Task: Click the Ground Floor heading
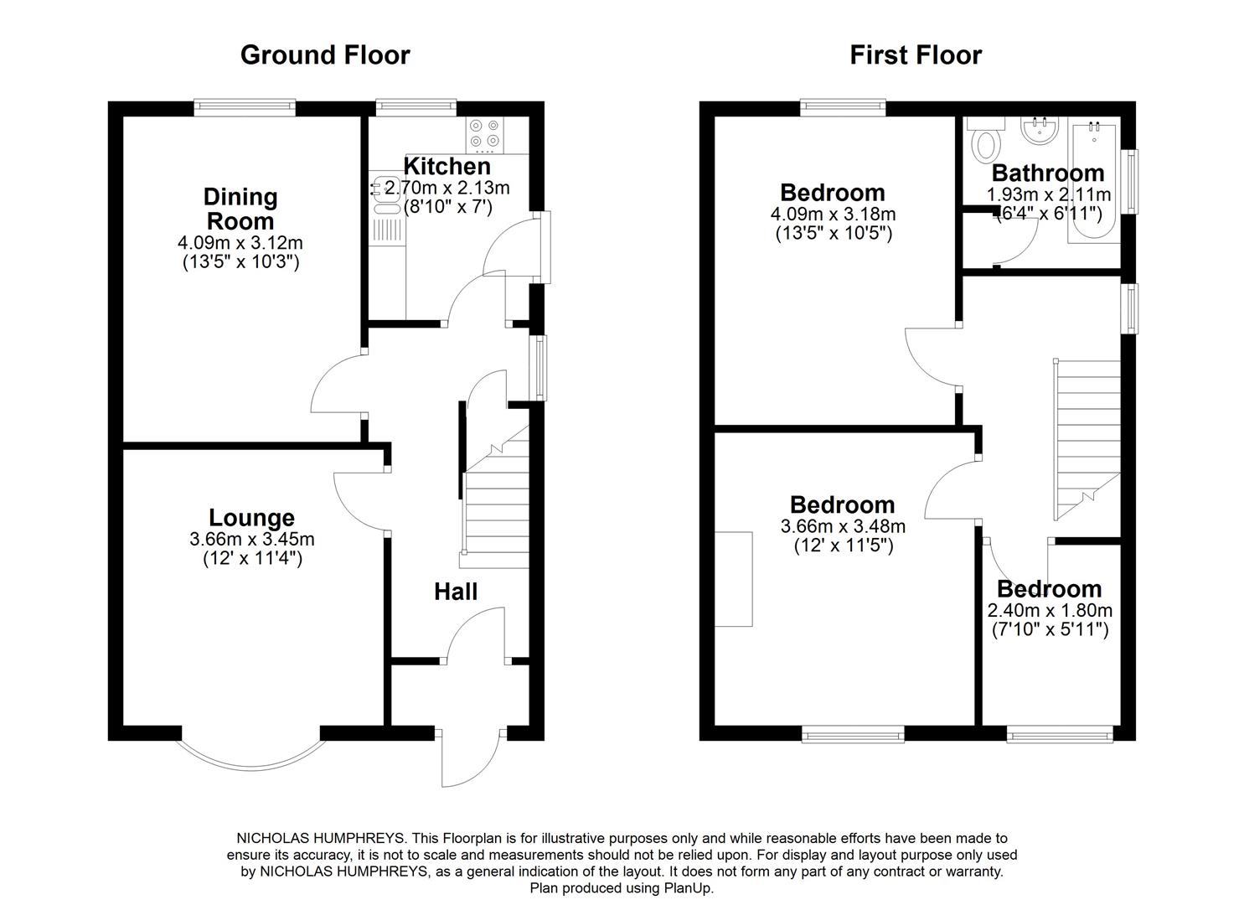coord(325,55)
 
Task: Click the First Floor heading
coord(916,55)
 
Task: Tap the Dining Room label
coord(240,209)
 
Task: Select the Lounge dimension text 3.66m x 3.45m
coord(252,539)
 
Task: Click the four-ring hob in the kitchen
coord(485,133)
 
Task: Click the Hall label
coord(456,592)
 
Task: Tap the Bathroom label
coord(1048,173)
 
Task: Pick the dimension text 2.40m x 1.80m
coord(1050,611)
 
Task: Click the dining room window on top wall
coord(245,106)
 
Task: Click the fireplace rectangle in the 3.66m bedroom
coord(734,578)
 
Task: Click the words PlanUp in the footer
coord(689,888)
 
